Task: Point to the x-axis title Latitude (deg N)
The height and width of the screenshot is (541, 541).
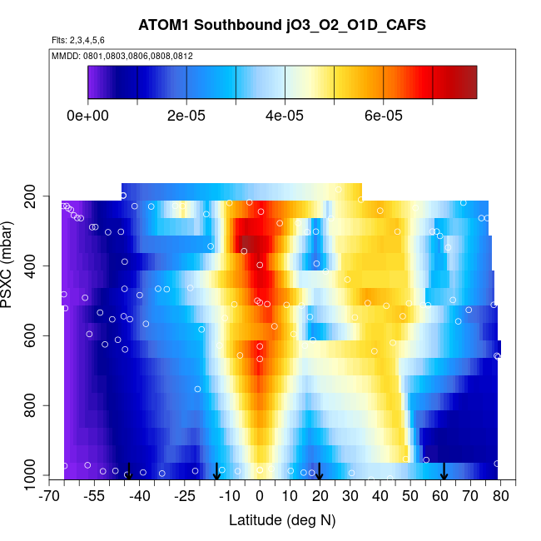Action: (x=281, y=520)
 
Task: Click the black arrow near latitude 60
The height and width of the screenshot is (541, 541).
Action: (x=444, y=471)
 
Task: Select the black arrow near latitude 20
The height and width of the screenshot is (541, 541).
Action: (x=320, y=471)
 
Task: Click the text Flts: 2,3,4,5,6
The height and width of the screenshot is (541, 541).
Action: (x=78, y=40)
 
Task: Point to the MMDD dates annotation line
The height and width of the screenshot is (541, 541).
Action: (x=122, y=56)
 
